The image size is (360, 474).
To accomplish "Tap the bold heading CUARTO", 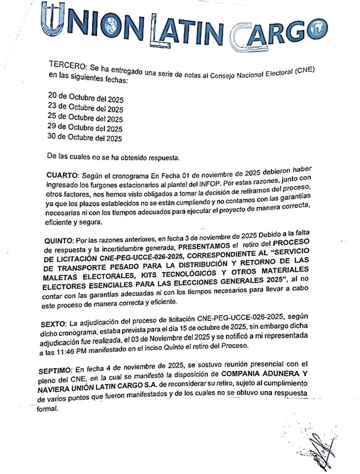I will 63,174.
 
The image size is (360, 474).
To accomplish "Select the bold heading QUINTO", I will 59,241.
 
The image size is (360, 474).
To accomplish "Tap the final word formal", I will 46,409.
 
